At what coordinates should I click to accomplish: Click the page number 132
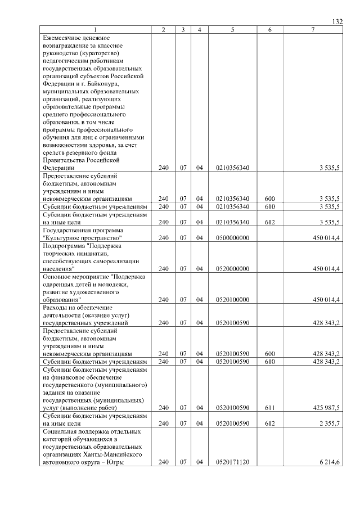click(x=337, y=21)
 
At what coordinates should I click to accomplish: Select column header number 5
click(x=232, y=29)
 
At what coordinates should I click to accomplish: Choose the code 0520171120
click(x=232, y=462)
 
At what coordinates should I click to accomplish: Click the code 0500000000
click(x=232, y=238)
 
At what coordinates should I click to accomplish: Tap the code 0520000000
click(x=232, y=269)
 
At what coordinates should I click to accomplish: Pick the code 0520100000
click(x=232, y=300)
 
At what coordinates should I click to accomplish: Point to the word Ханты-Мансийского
click(x=112, y=454)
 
